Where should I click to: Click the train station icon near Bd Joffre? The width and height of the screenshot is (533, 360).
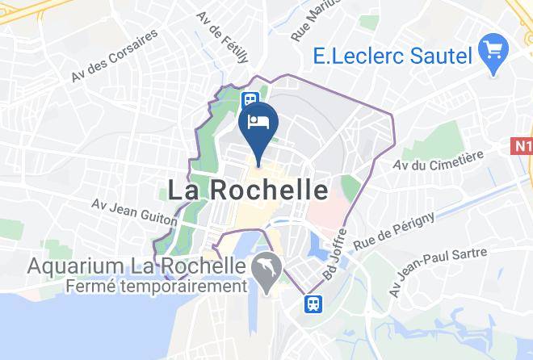click(x=313, y=303)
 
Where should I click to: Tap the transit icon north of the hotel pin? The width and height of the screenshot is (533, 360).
click(x=250, y=99)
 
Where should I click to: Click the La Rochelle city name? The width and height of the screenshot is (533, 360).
click(x=248, y=190)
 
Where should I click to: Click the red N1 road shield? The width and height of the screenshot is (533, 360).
click(x=523, y=147)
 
